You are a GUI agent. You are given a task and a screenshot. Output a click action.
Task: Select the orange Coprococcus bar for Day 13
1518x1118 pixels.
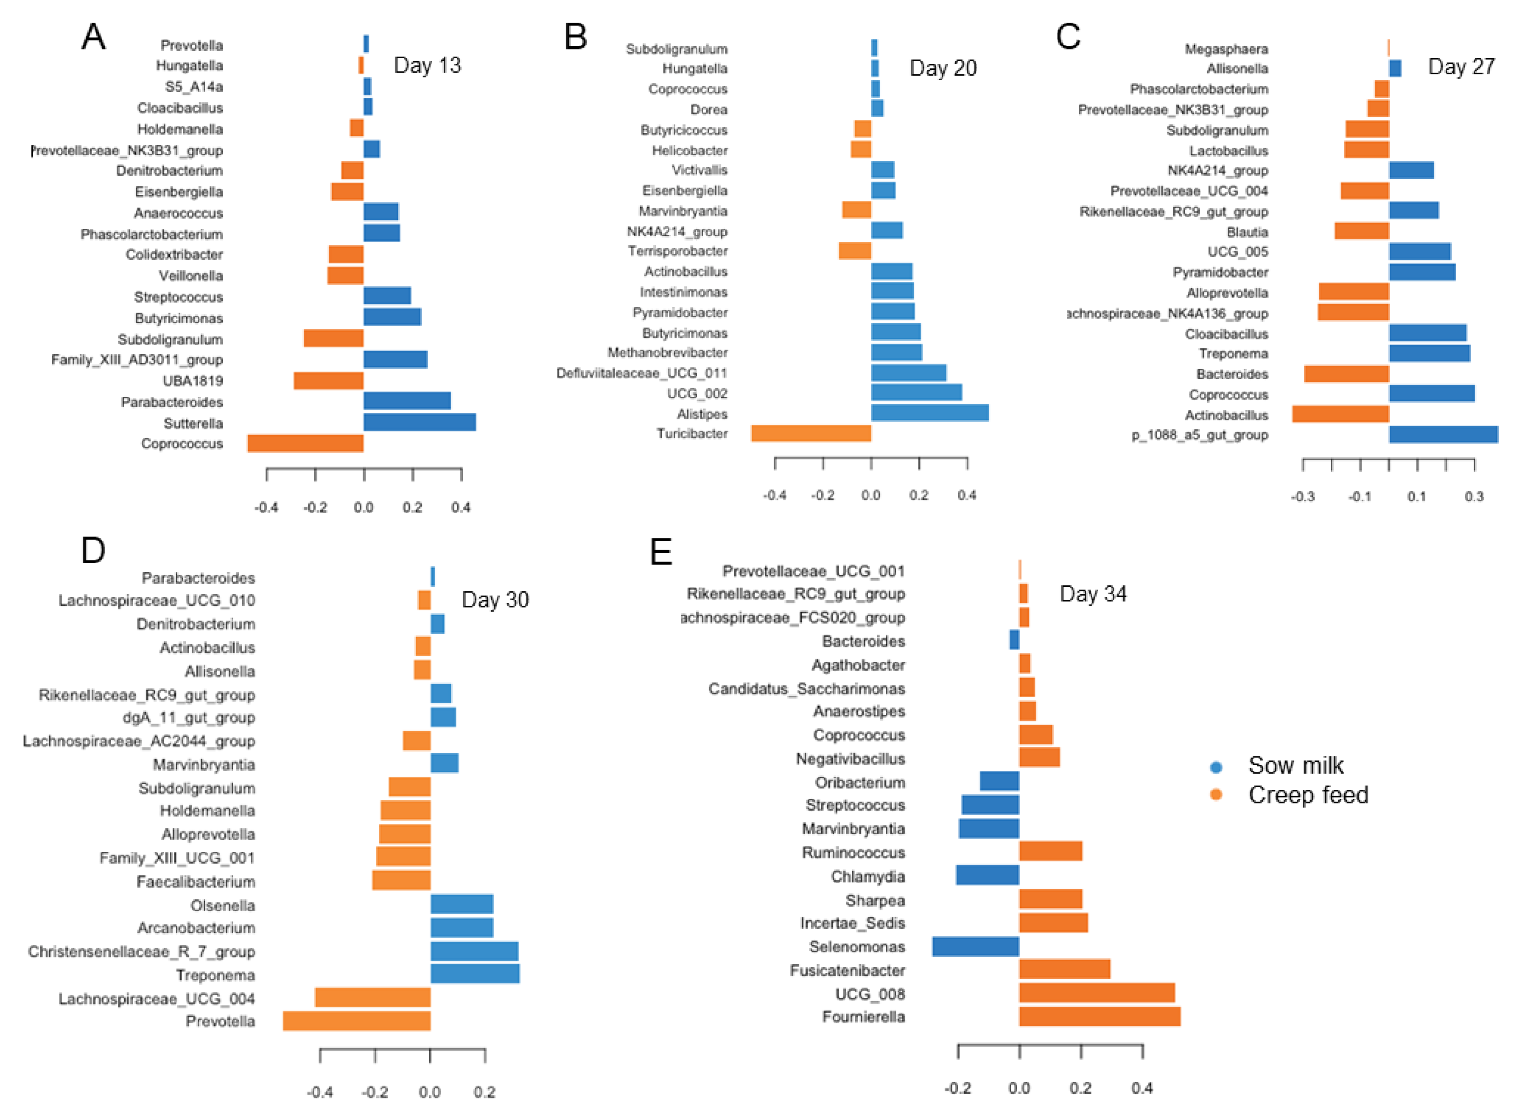pyautogui.click(x=306, y=443)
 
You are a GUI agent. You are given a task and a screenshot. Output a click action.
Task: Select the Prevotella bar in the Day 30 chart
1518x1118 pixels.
pyautogui.click(x=356, y=1021)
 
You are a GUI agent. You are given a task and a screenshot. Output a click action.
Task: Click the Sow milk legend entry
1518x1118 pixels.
pyautogui.click(x=1295, y=766)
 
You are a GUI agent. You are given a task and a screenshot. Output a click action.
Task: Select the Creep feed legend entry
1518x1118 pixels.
pyautogui.click(x=1307, y=795)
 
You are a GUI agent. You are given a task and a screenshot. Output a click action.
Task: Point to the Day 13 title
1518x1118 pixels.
pyautogui.click(x=427, y=65)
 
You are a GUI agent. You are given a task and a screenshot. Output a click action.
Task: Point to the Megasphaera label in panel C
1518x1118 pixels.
pyautogui.click(x=1226, y=49)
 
